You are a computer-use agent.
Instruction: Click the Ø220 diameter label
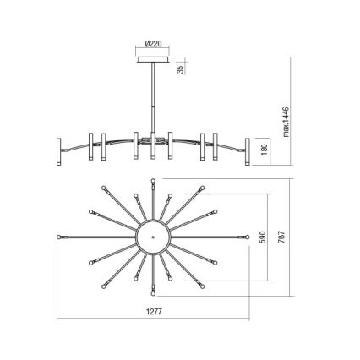tap(153, 45)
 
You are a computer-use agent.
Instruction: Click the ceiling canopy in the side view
tap(153, 60)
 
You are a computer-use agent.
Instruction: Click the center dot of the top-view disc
tap(153, 237)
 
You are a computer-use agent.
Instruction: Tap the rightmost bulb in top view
tap(248, 237)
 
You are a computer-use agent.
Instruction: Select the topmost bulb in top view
tap(153, 180)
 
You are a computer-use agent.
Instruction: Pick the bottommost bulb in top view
tap(153, 295)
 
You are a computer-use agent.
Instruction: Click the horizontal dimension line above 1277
tap(153, 319)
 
